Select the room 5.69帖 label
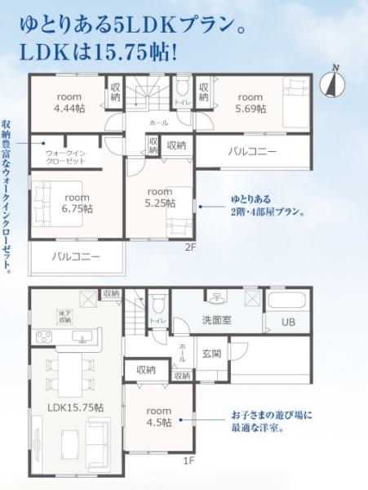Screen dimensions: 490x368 tap(251, 101)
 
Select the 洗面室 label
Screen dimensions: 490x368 tap(216, 321)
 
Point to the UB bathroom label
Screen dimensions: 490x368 tap(288, 323)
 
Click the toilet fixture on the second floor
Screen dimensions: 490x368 tap(182, 88)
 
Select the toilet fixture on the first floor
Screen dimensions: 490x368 tap(157, 306)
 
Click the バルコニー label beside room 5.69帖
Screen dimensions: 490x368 tap(251, 152)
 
